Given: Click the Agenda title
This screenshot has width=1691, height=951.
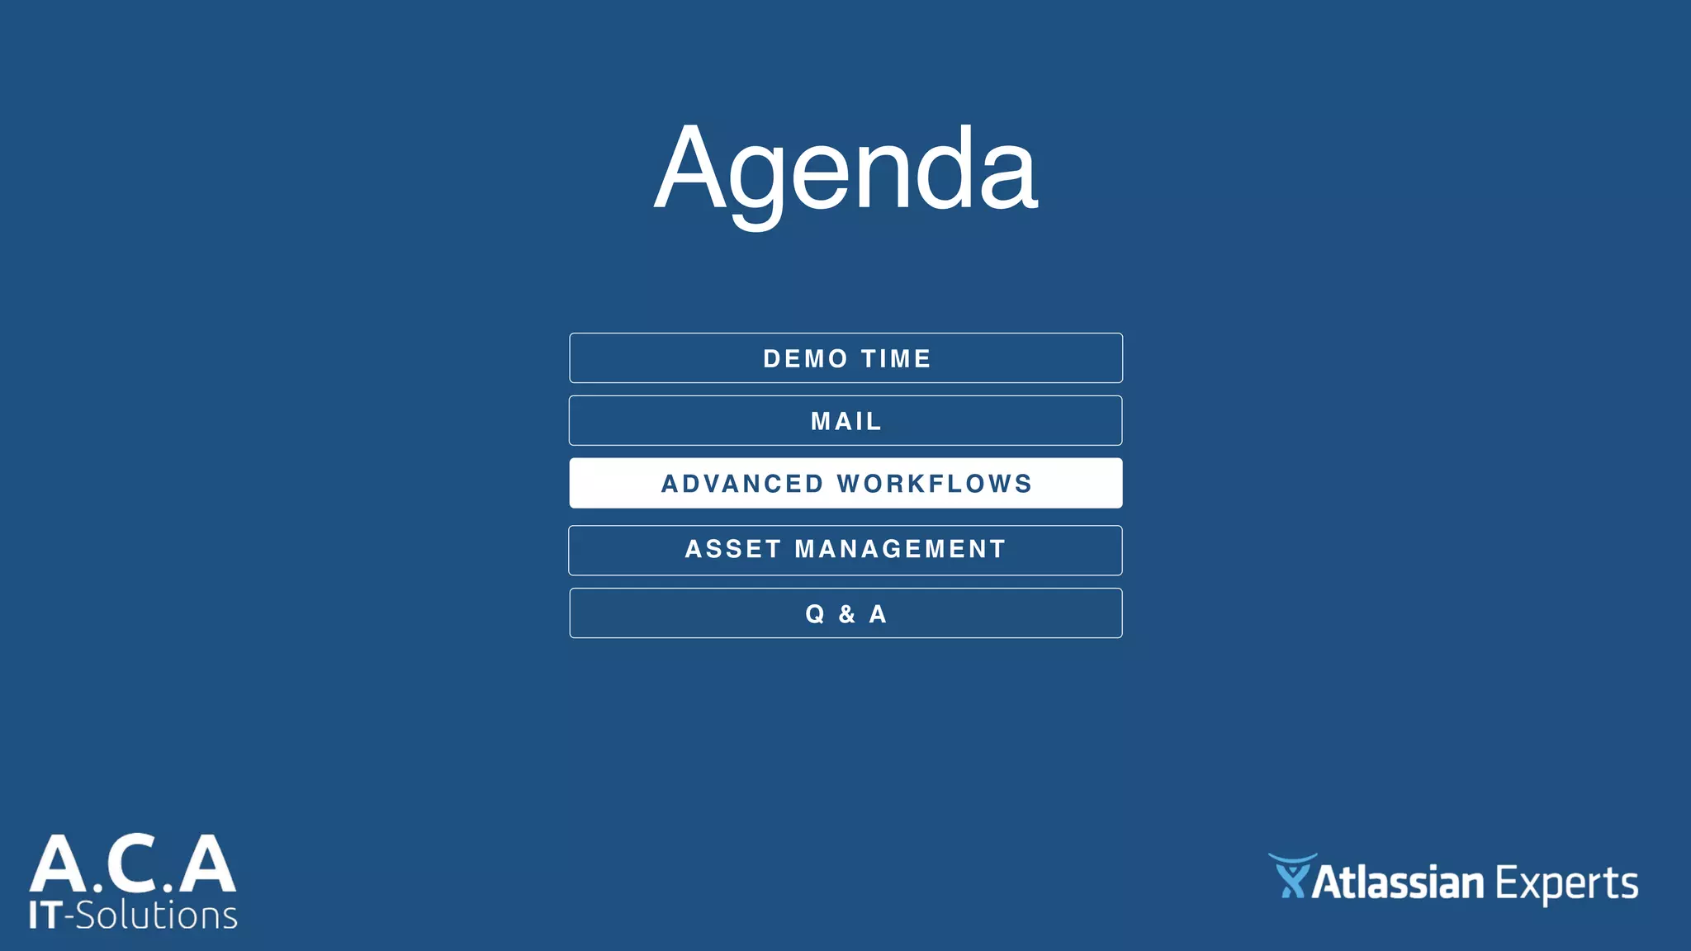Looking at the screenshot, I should pyautogui.click(x=845, y=169).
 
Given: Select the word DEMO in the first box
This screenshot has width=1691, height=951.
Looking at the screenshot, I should pyautogui.click(x=805, y=359).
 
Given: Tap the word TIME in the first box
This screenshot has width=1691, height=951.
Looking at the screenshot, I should pyautogui.click(x=896, y=359).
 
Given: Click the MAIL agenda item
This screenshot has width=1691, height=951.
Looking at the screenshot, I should pyautogui.click(x=845, y=422).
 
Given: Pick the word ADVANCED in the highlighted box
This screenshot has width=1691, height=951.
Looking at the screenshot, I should pyautogui.click(x=741, y=484).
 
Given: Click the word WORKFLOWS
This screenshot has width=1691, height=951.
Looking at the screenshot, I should pyautogui.click(x=935, y=484).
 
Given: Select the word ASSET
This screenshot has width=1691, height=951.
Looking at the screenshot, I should pyautogui.click(x=732, y=549).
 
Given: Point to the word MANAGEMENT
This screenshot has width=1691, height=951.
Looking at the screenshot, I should pyautogui.click(x=900, y=549).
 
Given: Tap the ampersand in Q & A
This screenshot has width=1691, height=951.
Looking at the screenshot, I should pyautogui.click(x=846, y=614).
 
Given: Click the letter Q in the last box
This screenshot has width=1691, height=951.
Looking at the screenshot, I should pyautogui.click(x=814, y=614).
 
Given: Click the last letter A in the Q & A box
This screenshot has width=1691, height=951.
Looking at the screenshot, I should pyautogui.click(x=878, y=614).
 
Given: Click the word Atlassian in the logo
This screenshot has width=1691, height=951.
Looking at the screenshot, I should pyautogui.click(x=1397, y=883).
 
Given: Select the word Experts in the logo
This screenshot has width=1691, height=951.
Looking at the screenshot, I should pyautogui.click(x=1566, y=885).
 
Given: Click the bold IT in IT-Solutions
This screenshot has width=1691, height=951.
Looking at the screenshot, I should pyautogui.click(x=45, y=916).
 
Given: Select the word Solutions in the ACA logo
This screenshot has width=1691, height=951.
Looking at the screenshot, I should pyautogui.click(x=157, y=916).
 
